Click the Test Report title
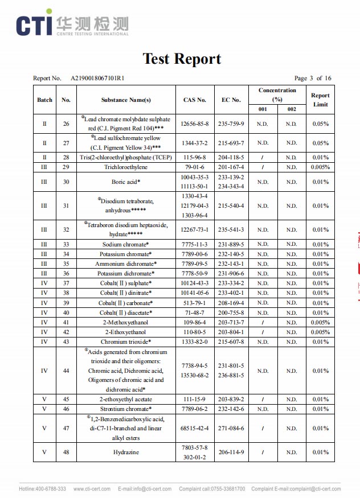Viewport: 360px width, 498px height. pos(182,59)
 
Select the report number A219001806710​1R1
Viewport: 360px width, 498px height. pos(98,79)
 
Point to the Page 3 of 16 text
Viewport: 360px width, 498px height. pos(313,79)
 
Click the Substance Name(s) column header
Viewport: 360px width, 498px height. pos(126,100)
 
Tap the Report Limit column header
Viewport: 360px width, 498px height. pos(321,100)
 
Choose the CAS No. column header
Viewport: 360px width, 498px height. pos(195,100)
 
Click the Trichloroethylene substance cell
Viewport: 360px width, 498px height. pos(126,167)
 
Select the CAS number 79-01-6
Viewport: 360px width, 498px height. pos(195,167)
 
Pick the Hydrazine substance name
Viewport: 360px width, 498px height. pos(126,452)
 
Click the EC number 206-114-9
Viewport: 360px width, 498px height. pos(231,452)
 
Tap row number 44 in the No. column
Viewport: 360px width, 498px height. pos(66,371)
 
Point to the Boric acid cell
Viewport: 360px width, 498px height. pos(126,182)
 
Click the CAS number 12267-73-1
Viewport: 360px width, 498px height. pos(195,230)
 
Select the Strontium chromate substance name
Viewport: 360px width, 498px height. pos(126,409)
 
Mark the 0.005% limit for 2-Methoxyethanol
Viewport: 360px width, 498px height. pos(321,322)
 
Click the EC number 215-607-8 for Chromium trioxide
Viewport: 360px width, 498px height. pos(231,341)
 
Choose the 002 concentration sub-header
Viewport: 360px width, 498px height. pos(292,109)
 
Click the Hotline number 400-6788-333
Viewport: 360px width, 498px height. pos(50,489)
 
